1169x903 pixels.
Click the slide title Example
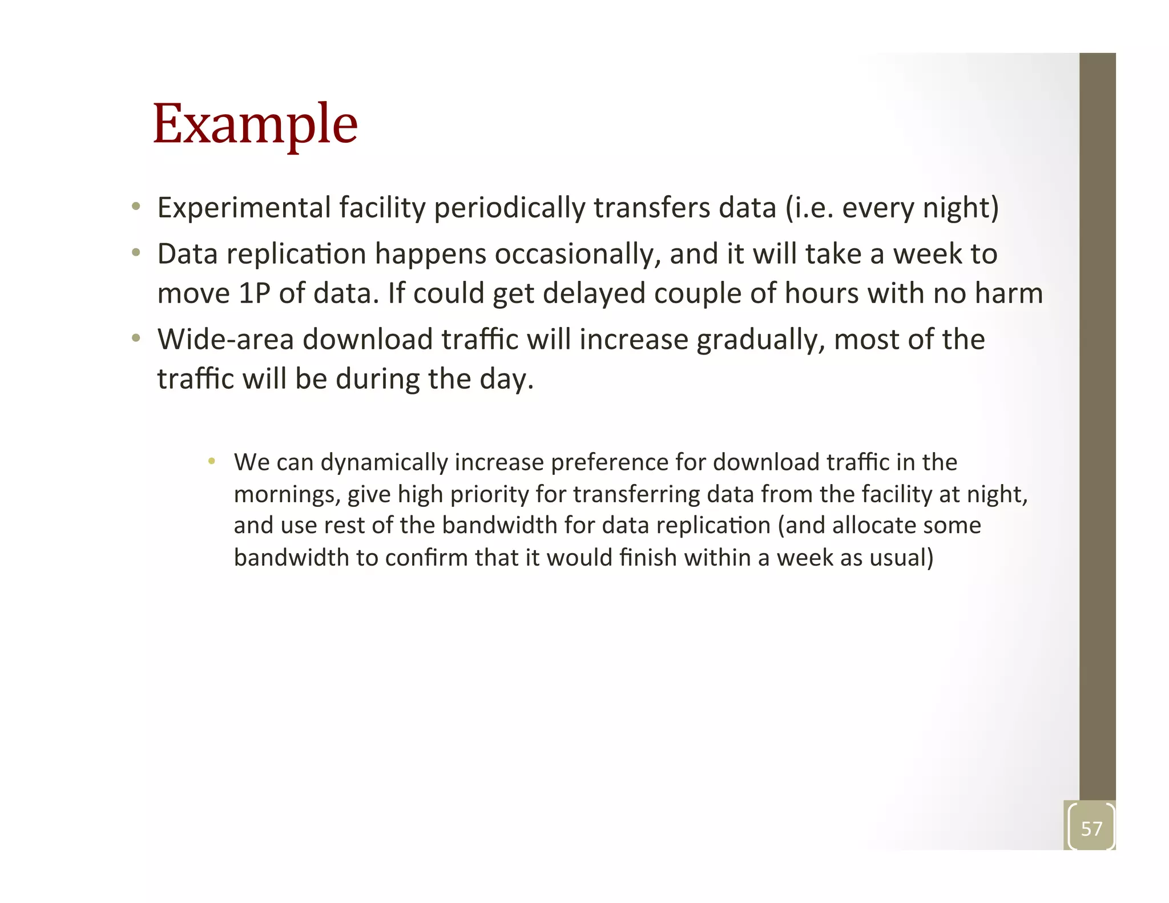tap(255, 124)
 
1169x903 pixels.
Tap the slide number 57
tap(1091, 828)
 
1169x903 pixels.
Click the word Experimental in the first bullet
tap(244, 207)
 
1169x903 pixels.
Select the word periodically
tap(509, 208)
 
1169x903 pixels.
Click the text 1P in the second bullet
tap(254, 293)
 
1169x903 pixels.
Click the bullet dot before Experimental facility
tap(136, 207)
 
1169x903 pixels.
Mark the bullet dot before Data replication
tap(136, 253)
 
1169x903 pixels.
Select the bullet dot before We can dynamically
tap(212, 461)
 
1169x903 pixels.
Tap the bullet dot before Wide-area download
tap(136, 338)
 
